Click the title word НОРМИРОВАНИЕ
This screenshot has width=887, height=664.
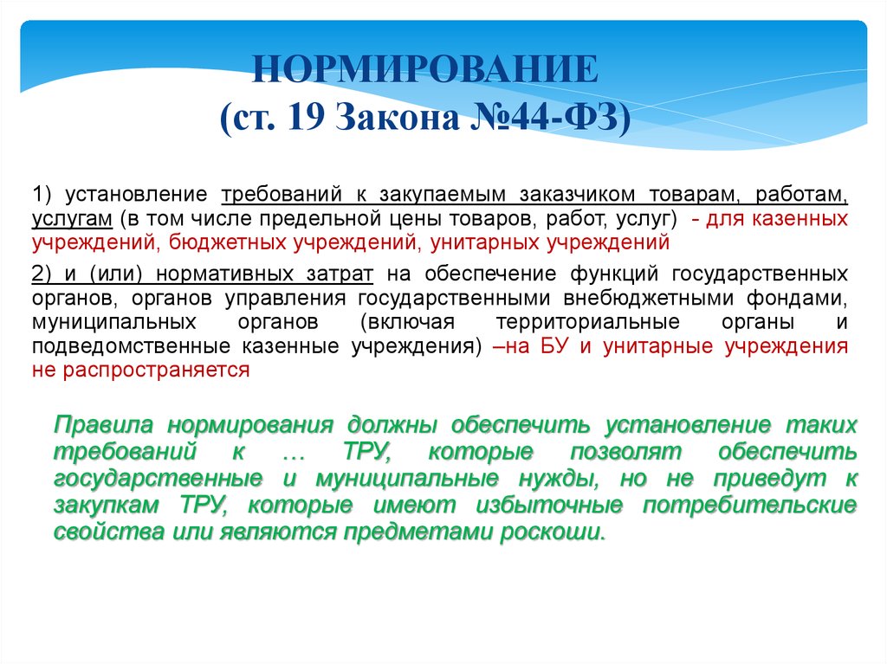coord(424,69)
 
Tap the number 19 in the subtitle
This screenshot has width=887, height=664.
coord(306,118)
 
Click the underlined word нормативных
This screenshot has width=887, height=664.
coord(224,274)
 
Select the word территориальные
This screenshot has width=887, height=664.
coord(588,322)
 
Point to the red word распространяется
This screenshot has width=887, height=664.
coord(156,371)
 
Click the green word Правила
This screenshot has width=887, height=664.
coord(104,425)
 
